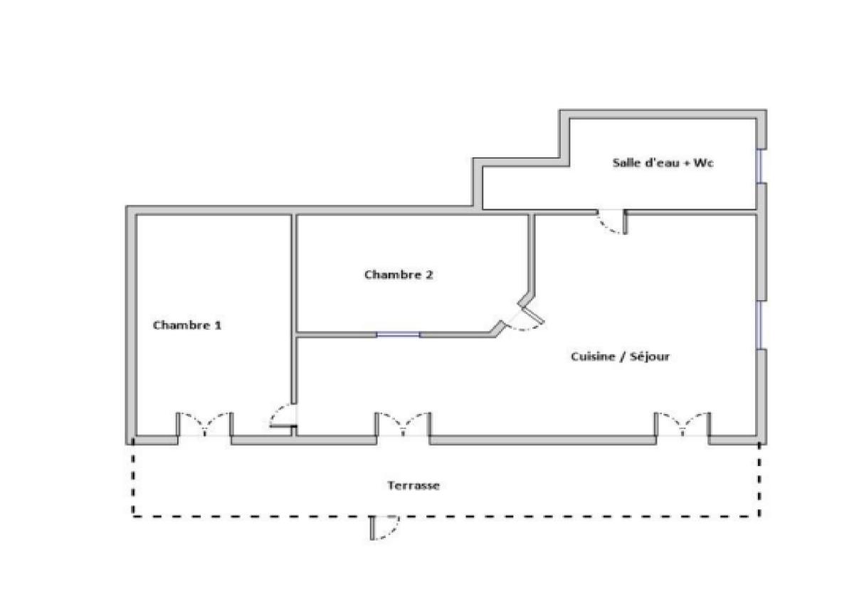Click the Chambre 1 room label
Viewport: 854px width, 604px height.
186,325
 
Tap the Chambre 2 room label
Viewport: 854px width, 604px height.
399,275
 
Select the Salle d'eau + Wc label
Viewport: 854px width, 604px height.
663,163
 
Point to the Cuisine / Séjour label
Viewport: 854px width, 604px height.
620,356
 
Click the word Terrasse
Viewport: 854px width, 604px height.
413,485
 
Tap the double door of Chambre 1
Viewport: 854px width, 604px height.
205,424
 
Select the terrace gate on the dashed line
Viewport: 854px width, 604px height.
384,528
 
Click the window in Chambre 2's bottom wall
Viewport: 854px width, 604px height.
398,334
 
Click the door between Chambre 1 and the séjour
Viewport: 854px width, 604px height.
283,415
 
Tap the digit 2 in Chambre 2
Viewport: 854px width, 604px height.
429,275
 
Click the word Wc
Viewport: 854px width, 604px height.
703,163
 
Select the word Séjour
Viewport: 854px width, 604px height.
650,356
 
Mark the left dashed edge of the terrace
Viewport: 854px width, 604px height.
132,478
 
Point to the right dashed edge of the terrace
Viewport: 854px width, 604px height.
759,480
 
